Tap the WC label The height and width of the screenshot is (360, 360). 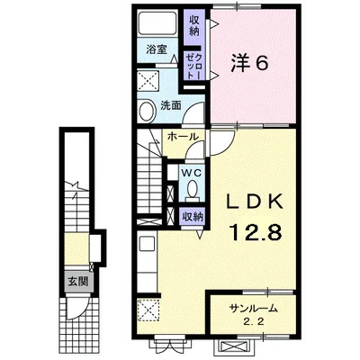point(192,170)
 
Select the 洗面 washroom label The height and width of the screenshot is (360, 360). point(171,105)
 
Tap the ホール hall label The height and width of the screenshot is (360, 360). point(181,137)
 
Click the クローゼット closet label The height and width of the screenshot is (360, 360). point(193,64)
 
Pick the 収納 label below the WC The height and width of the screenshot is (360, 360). point(192,215)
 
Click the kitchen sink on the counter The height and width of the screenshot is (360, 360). point(147,244)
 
